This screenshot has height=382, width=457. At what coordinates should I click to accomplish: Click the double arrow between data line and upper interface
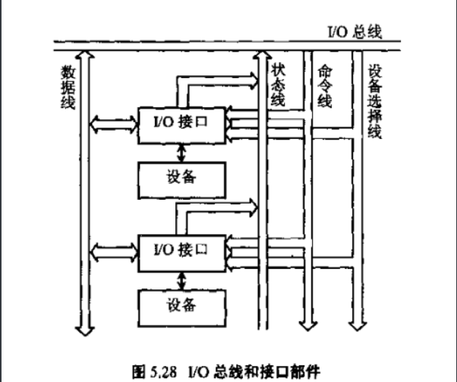[112, 122]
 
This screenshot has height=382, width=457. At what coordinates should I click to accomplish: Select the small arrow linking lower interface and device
[181, 279]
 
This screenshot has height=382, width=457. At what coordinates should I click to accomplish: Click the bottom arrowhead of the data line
[84, 328]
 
